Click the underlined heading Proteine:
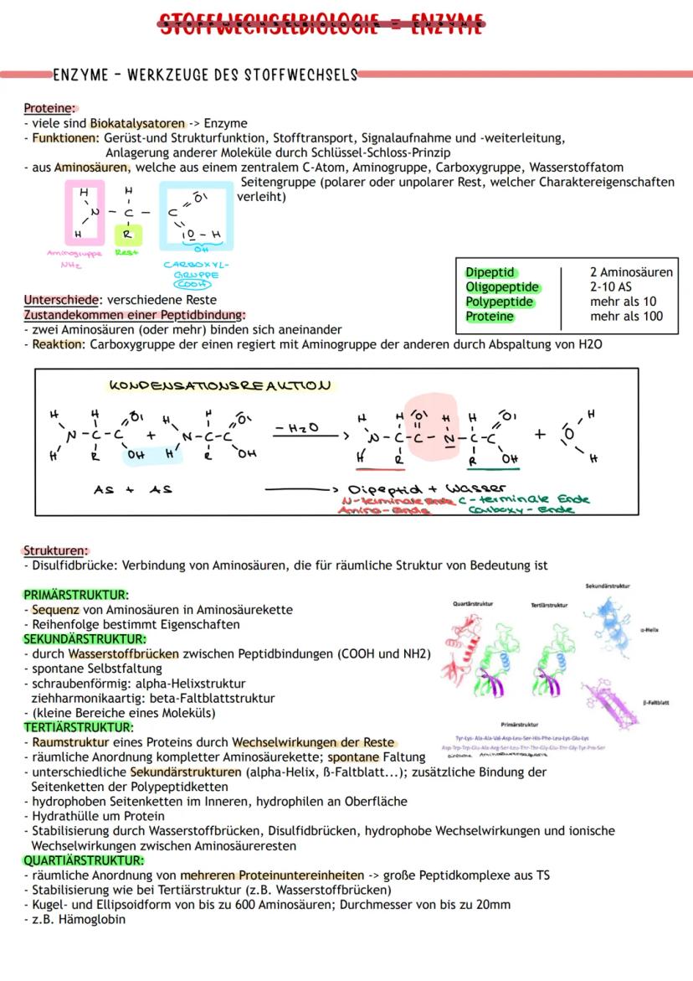coord(50,108)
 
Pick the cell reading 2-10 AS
coord(611,287)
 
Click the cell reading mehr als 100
coord(626,317)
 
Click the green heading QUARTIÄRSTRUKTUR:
coord(84,860)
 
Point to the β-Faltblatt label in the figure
coord(656,702)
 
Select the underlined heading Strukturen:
coord(55,551)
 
